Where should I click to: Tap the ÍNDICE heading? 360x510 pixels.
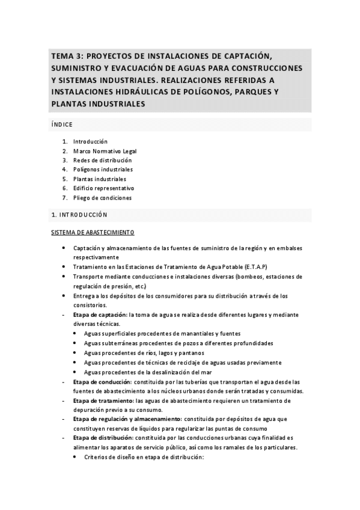coord(62,124)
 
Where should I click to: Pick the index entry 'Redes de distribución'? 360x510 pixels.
coord(102,160)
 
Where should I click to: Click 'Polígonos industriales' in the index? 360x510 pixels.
coord(103,170)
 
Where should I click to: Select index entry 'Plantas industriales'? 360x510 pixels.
coord(100,179)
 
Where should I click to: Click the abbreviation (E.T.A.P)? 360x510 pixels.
coord(255,266)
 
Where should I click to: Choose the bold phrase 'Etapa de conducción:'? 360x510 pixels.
coord(101,382)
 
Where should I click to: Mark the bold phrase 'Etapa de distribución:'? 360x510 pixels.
coord(102,438)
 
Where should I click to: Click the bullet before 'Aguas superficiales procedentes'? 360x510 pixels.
coord(75,334)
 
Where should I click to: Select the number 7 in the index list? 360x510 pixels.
coord(64,197)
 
